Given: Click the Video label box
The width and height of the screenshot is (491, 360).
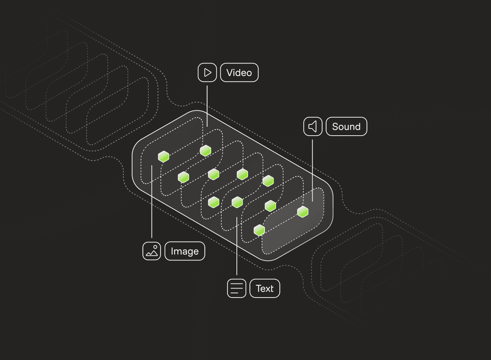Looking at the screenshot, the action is click(x=239, y=73).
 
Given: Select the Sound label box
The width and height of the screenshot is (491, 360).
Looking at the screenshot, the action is click(x=346, y=127).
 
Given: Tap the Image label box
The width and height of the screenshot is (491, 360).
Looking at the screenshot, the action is click(x=184, y=251).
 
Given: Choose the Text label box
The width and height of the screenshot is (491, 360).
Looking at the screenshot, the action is click(x=265, y=289).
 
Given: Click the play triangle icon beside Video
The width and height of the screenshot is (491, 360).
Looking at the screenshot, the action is click(x=207, y=73).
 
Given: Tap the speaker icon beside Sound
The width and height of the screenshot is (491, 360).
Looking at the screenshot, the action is click(x=313, y=127).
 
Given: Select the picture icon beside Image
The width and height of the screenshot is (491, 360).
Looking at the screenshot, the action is click(x=152, y=251).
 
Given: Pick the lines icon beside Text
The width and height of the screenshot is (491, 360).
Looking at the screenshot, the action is click(x=236, y=289).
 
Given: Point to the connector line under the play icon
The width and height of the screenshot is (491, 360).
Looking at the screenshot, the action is click(x=207, y=105).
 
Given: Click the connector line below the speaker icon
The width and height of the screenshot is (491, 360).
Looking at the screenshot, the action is click(x=313, y=170).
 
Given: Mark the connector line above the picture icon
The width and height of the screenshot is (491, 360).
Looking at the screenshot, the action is click(x=152, y=202).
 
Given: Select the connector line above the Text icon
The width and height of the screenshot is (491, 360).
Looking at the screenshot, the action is click(x=237, y=245).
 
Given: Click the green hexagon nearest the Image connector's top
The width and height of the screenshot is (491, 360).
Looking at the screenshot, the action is click(x=164, y=157).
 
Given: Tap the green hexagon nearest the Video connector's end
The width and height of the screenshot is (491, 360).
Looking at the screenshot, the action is click(x=205, y=150).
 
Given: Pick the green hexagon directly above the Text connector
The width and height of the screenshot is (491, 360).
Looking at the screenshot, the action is click(x=237, y=202).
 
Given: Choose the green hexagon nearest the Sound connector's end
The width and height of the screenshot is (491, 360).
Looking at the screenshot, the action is click(x=303, y=212).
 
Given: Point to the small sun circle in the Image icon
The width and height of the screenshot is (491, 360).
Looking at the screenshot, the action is click(x=155, y=247).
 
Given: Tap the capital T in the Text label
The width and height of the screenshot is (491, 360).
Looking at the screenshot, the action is click(x=259, y=289).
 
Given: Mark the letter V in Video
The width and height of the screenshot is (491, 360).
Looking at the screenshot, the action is click(x=230, y=73).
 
